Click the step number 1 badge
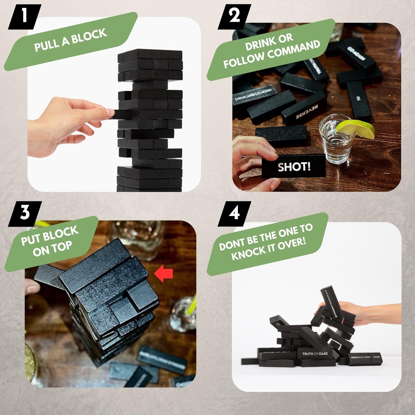[x=24, y=17]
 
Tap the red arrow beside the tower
[x=164, y=273]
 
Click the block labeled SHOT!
[x=294, y=167]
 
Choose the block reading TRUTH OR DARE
[x=315, y=354]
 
